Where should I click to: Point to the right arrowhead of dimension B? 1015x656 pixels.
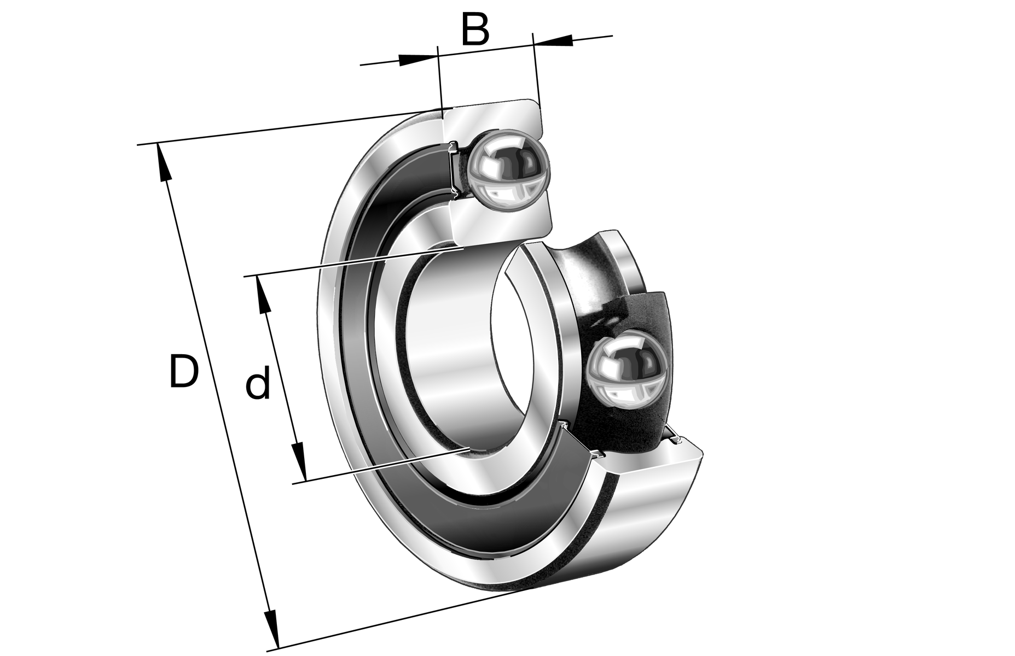click(553, 40)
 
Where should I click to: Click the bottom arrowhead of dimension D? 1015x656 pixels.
click(271, 626)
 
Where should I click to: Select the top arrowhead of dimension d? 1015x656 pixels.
click(263, 295)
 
